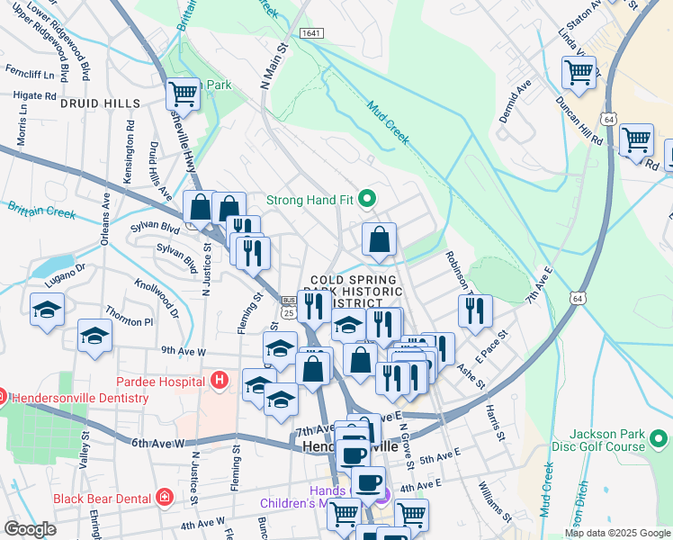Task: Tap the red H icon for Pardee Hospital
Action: click(218, 381)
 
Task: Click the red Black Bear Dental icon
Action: click(164, 497)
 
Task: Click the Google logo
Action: click(30, 529)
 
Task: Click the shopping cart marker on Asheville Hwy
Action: click(183, 92)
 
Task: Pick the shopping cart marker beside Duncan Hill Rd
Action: click(636, 139)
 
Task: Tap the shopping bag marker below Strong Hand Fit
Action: click(380, 239)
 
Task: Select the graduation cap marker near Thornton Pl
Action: click(94, 336)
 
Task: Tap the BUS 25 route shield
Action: click(288, 307)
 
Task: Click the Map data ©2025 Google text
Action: click(617, 533)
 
